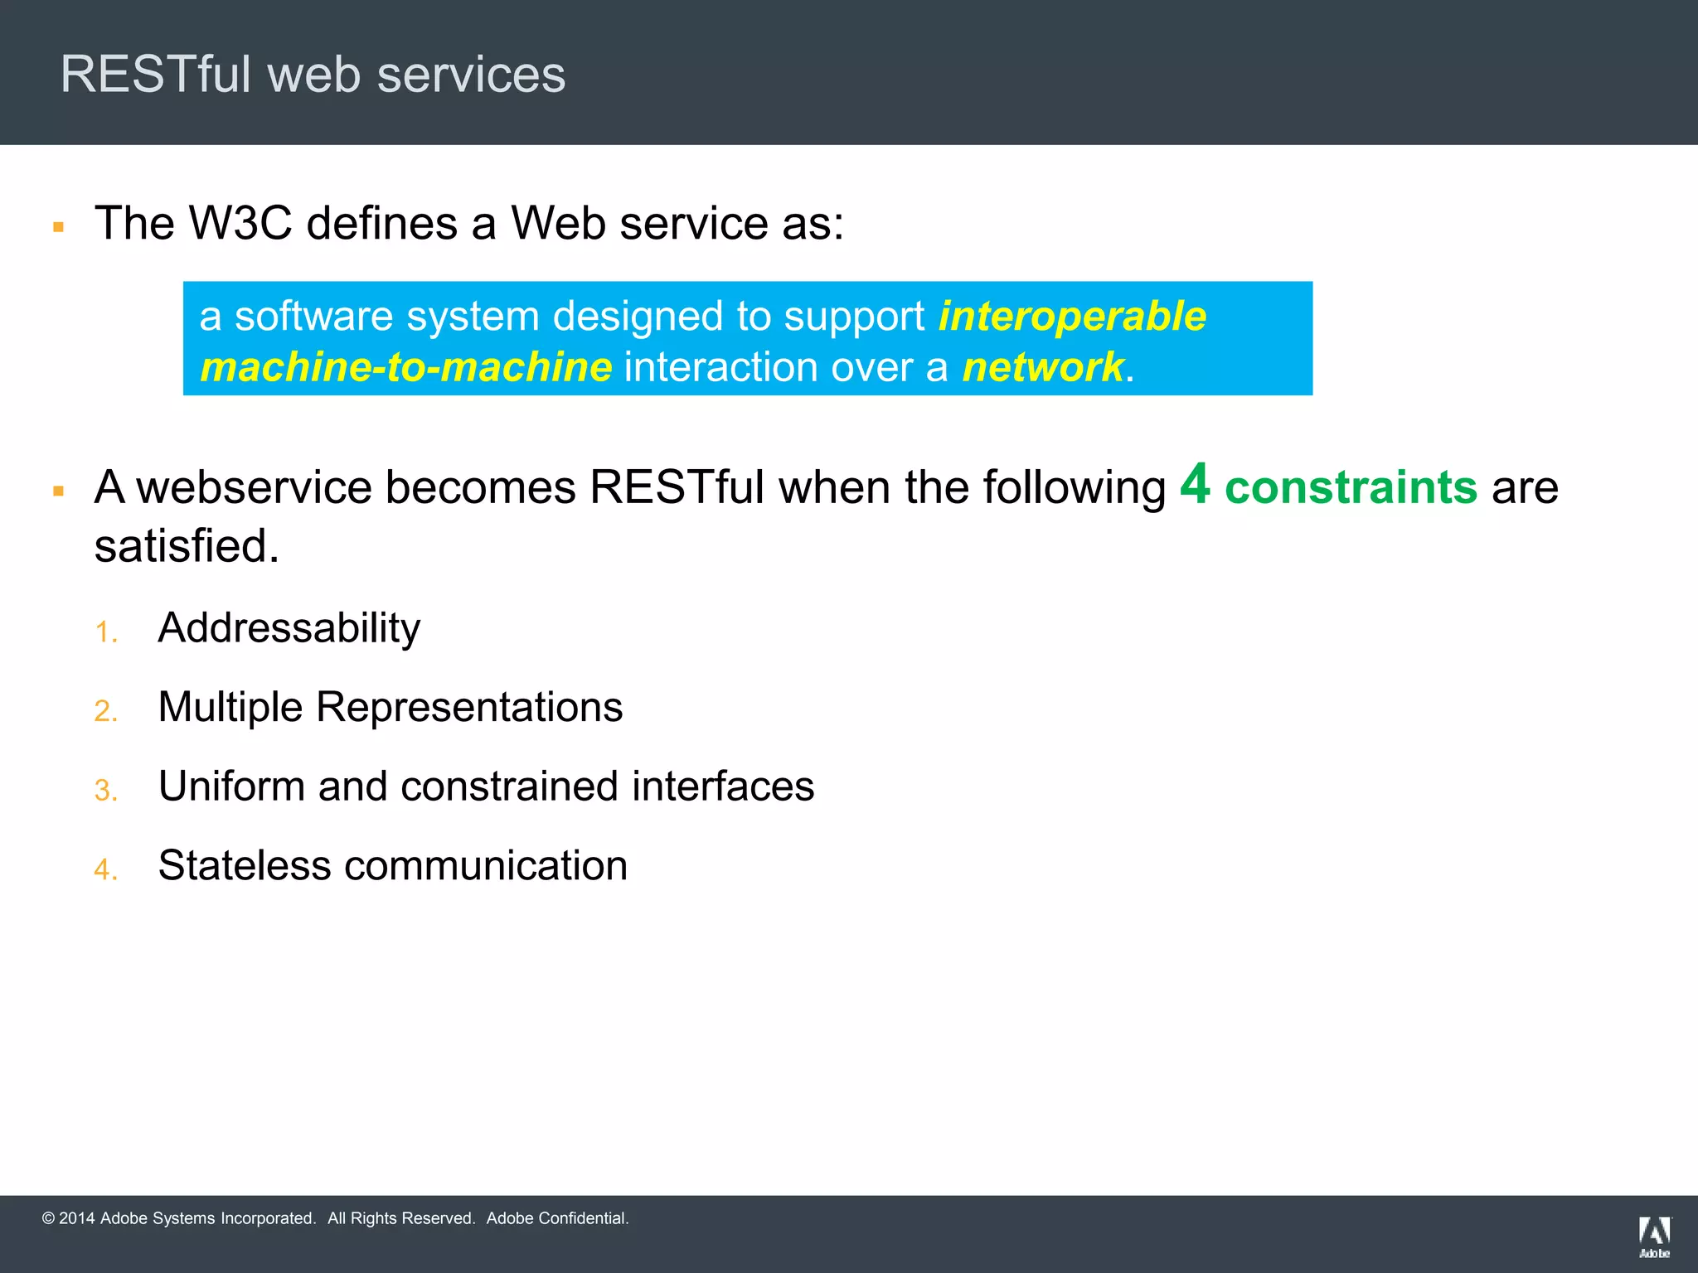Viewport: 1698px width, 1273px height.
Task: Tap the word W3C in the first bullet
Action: (x=240, y=223)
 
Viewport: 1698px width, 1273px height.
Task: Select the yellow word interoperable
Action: (x=1072, y=317)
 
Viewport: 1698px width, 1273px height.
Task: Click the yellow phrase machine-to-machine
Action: (x=406, y=367)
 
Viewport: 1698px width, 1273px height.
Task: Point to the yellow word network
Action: (x=1043, y=367)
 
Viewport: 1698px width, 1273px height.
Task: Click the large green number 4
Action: (x=1195, y=484)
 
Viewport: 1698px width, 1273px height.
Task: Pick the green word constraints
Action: (x=1351, y=487)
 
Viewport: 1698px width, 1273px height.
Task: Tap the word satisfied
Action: (x=186, y=546)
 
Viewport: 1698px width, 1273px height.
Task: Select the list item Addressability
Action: (x=289, y=628)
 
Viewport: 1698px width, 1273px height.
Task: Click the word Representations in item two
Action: (x=469, y=707)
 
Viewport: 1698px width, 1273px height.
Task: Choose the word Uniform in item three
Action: (x=231, y=786)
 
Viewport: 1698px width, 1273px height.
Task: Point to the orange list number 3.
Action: (x=104, y=791)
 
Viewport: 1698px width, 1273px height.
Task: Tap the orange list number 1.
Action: (x=104, y=632)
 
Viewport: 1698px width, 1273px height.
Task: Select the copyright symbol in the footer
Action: (x=48, y=1218)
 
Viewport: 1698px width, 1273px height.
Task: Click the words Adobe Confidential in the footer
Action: (x=557, y=1218)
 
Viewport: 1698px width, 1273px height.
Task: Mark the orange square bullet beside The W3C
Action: (x=58, y=226)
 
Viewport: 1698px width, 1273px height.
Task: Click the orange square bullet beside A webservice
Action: (x=58, y=491)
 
